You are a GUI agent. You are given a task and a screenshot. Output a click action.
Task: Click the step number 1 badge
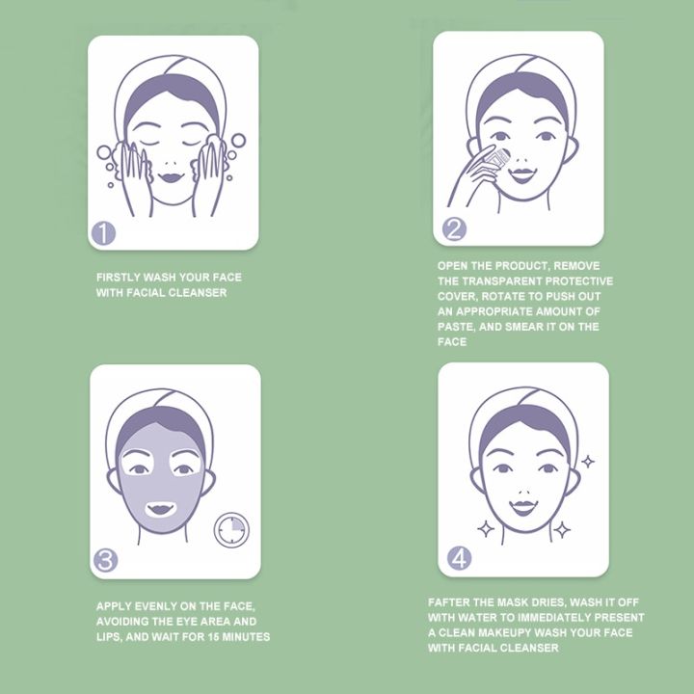pos(104,232)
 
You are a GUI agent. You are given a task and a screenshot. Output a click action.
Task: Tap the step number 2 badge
pos(454,228)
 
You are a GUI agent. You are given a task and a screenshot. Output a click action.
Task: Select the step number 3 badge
pos(107,560)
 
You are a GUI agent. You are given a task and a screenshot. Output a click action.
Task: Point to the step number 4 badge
pos(459,557)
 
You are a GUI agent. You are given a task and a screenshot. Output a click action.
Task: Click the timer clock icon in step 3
pos(231,530)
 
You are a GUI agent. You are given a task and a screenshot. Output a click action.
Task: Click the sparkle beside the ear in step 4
pos(588,461)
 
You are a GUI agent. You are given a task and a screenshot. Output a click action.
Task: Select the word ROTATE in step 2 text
pos(501,296)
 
